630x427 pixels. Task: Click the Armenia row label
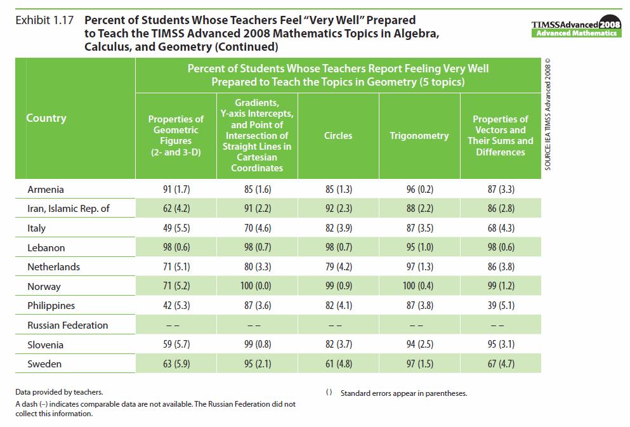pos(46,189)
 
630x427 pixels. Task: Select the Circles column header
pos(338,136)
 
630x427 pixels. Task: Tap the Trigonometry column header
pos(419,136)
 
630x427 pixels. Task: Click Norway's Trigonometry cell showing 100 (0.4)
pos(419,286)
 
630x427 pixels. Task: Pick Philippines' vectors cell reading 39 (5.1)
pos(501,306)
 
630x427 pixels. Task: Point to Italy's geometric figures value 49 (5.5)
pos(176,228)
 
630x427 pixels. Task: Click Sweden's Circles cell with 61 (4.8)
pos(338,364)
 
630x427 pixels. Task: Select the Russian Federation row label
pos(68,325)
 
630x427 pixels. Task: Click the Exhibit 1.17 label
pos(44,20)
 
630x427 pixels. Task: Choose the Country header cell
pos(46,118)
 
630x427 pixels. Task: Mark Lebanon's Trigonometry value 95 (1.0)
pos(419,247)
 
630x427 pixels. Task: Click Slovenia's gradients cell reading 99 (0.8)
pos(257,345)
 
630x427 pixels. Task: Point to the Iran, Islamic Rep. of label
pos(69,209)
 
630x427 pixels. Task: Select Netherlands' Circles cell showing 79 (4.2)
pos(338,267)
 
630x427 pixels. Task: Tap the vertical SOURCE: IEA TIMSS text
pos(548,114)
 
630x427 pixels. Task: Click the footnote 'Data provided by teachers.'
pos(60,392)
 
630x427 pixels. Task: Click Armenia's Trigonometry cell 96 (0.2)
pos(419,189)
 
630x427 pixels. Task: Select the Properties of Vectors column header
pos(501,136)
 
